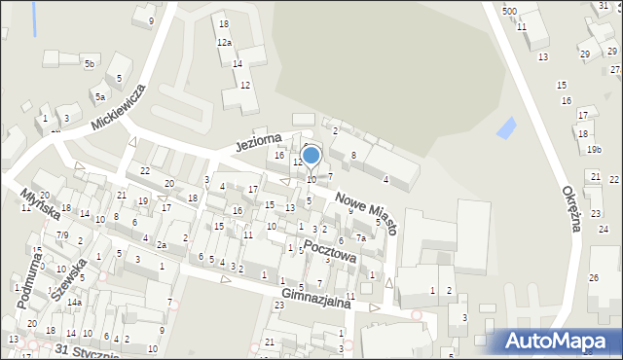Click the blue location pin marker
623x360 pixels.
pos(311,156)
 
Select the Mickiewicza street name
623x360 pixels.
pos(118,107)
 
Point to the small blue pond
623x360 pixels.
pos(506,126)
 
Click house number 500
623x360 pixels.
pos(509,11)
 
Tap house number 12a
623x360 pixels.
pos(224,43)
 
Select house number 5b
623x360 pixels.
pos(89,64)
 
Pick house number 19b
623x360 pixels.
pos(594,149)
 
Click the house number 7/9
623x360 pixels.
pos(61,235)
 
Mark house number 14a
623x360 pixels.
pos(73,303)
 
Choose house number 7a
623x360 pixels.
pos(360,237)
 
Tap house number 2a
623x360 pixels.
pos(162,245)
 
